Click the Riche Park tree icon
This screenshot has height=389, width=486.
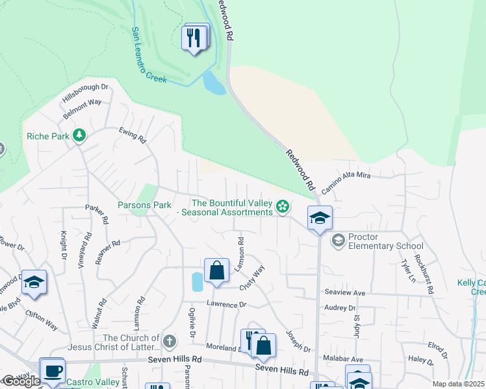79,136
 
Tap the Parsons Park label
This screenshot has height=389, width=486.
144,205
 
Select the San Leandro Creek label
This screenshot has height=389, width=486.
149,55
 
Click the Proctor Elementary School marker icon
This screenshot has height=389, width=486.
337,241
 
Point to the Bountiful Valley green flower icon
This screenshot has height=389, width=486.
282,207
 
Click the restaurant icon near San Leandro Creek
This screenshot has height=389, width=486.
193,38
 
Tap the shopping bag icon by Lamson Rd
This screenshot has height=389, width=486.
216,270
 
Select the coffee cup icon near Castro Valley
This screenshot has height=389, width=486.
52,371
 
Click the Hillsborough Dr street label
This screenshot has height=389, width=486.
84,92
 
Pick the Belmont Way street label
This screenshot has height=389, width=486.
82,108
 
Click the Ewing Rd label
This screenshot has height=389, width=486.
133,134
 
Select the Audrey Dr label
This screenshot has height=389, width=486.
340,309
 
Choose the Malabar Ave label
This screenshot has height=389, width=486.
348,359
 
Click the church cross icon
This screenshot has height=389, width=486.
169,341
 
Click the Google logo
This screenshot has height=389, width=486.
21,381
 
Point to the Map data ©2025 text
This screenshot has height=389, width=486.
457,384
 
